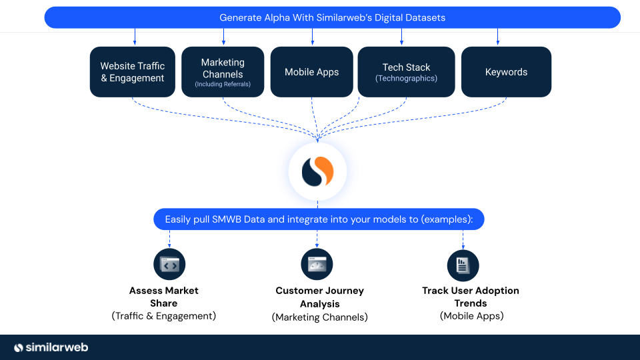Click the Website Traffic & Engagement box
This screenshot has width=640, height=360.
coord(132,72)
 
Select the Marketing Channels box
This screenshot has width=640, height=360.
coord(223,72)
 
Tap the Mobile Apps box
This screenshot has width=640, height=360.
coord(311,72)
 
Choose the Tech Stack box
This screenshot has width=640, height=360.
coord(406,72)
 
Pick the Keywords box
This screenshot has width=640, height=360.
coord(506,72)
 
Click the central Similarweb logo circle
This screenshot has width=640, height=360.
coord(317,172)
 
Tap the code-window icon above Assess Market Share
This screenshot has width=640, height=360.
coord(169,265)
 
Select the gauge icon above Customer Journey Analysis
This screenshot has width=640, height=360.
coord(317,265)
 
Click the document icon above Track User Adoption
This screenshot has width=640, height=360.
coord(463,265)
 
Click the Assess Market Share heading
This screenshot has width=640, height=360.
coord(164,297)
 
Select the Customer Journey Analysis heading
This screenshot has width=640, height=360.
coord(319,297)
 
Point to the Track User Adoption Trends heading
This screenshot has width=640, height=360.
coord(471,297)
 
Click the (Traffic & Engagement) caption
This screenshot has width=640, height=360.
coord(164,316)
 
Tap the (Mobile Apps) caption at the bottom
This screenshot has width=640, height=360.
coord(471,316)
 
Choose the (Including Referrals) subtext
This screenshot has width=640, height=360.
coord(223,85)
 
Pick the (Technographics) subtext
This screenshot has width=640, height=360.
coord(406,79)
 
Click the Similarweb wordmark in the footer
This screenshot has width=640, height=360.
coord(51,347)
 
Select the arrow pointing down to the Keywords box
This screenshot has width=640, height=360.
coord(497,37)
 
